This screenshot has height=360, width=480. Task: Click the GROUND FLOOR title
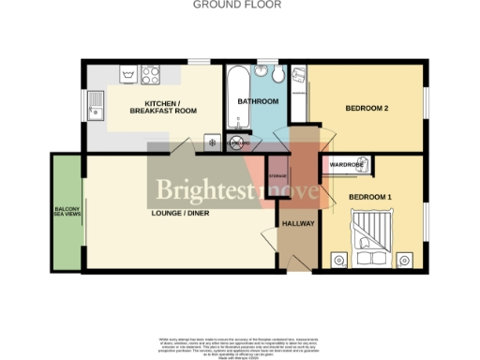(x=239, y=5)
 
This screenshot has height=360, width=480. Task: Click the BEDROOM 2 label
(x=367, y=109)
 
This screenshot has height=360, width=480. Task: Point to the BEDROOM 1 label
(x=370, y=197)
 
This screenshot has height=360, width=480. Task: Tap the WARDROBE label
(x=347, y=165)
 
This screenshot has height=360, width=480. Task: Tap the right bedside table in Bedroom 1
(x=404, y=260)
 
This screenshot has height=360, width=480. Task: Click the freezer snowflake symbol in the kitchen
(x=212, y=142)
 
